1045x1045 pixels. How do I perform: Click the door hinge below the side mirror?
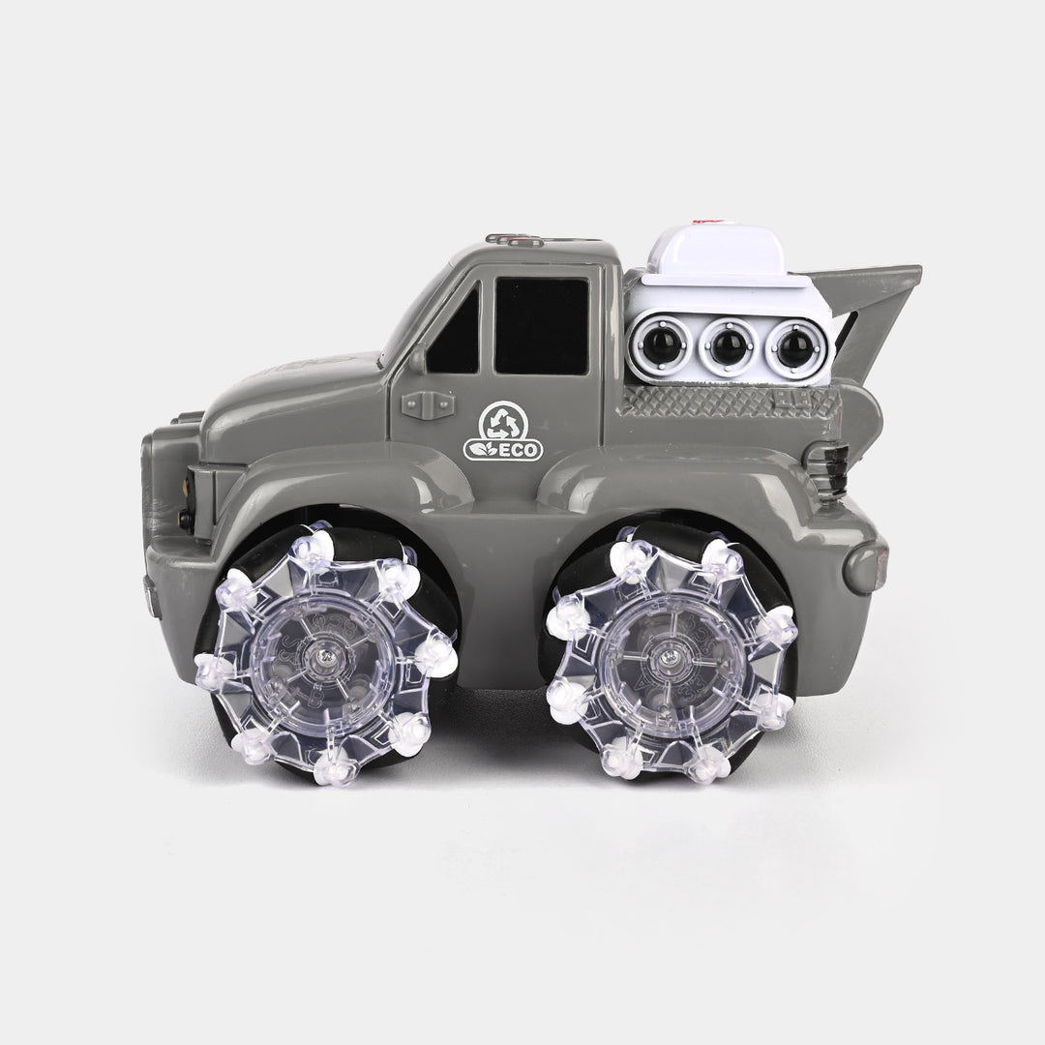pyautogui.click(x=428, y=404)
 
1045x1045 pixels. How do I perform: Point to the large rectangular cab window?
pyautogui.click(x=541, y=325)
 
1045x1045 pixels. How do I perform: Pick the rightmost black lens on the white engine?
pyautogui.click(x=795, y=345)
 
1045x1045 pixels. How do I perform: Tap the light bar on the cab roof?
pyautogui.click(x=515, y=238)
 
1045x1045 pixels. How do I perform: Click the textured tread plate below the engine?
pyautogui.click(x=726, y=401)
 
